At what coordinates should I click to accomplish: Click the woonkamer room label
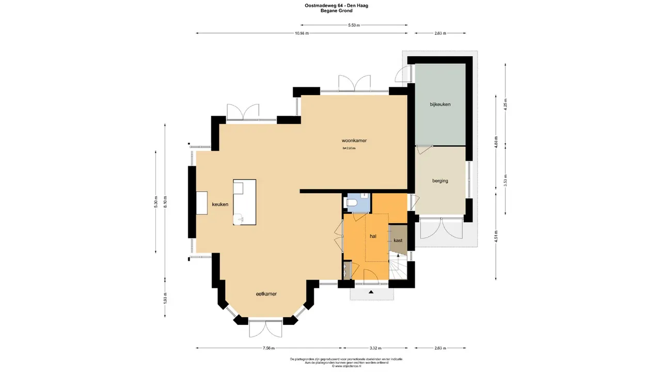[354, 141]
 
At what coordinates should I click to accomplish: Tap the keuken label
[220, 205]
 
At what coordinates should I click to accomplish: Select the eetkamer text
[266, 294]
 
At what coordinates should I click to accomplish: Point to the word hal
[373, 236]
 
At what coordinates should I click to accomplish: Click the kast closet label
[398, 241]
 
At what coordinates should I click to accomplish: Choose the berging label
[440, 181]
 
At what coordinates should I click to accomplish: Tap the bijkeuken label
[440, 104]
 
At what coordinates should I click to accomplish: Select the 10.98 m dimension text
[302, 34]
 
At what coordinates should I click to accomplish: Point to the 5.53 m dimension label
[354, 25]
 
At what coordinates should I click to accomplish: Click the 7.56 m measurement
[268, 348]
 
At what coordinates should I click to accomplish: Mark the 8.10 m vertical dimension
[165, 202]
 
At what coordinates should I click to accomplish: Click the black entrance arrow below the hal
[371, 293]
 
